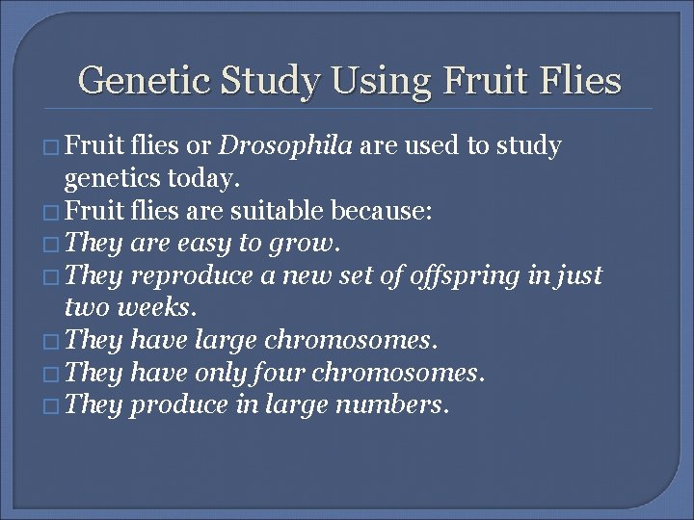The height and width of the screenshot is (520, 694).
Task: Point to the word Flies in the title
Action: click(577, 81)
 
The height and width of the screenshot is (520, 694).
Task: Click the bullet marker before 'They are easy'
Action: click(50, 245)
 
